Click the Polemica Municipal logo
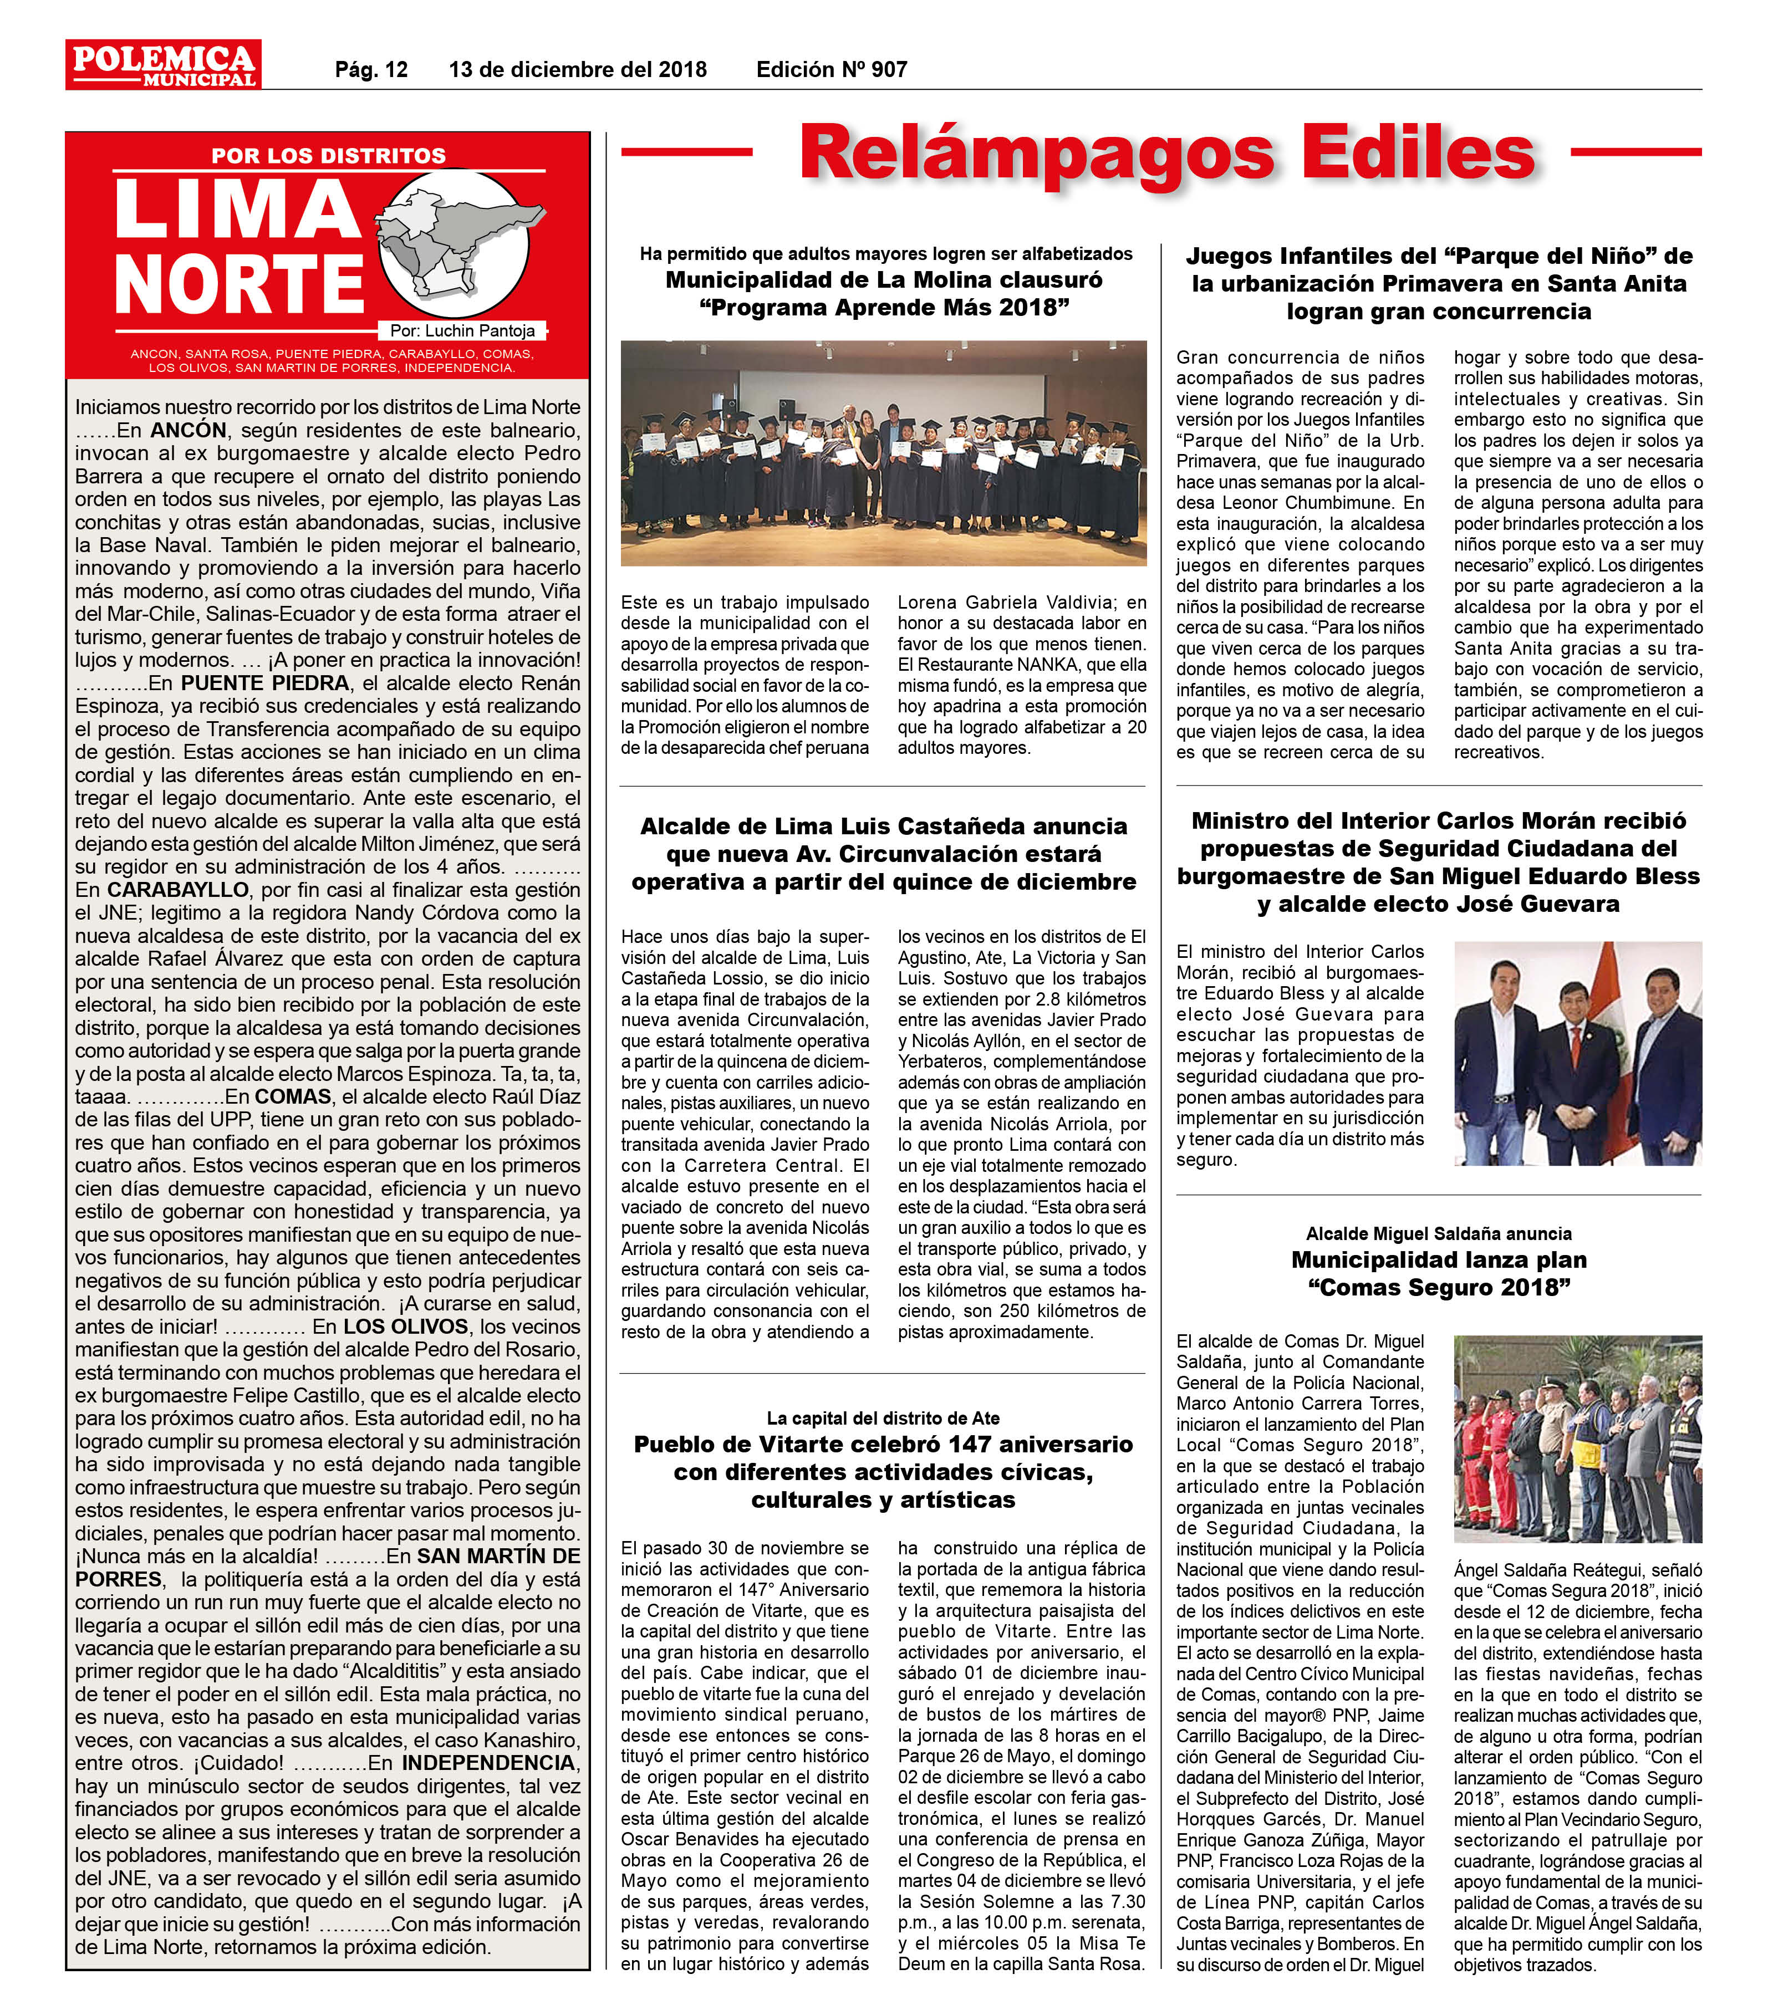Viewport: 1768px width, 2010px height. click(163, 64)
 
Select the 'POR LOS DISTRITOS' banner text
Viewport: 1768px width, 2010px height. click(328, 155)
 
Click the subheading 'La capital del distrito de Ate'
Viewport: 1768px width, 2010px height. click(883, 1418)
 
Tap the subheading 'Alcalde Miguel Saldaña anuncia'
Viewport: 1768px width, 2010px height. click(1439, 1233)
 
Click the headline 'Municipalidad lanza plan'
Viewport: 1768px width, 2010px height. click(1439, 1259)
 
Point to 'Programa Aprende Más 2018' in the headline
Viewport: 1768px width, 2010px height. click(883, 308)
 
